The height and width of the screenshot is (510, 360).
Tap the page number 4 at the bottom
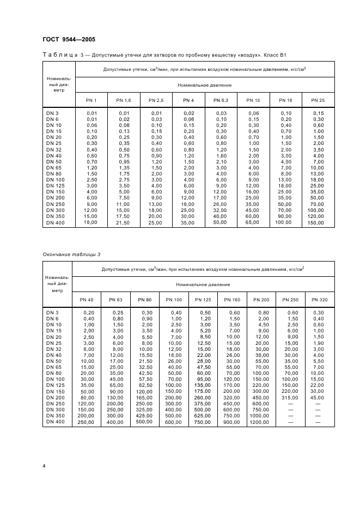pos(45,466)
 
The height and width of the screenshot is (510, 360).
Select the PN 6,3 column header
pos(221,100)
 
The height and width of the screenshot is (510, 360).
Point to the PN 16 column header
pos(286,100)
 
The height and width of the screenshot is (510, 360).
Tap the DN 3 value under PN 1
pos(91,113)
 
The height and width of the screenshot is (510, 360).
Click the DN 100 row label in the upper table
pos(56,179)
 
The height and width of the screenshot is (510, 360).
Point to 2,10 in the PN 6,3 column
pos(221,162)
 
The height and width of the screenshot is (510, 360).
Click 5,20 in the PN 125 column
pos(203,330)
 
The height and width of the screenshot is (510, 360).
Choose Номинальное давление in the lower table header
pos(203,284)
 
